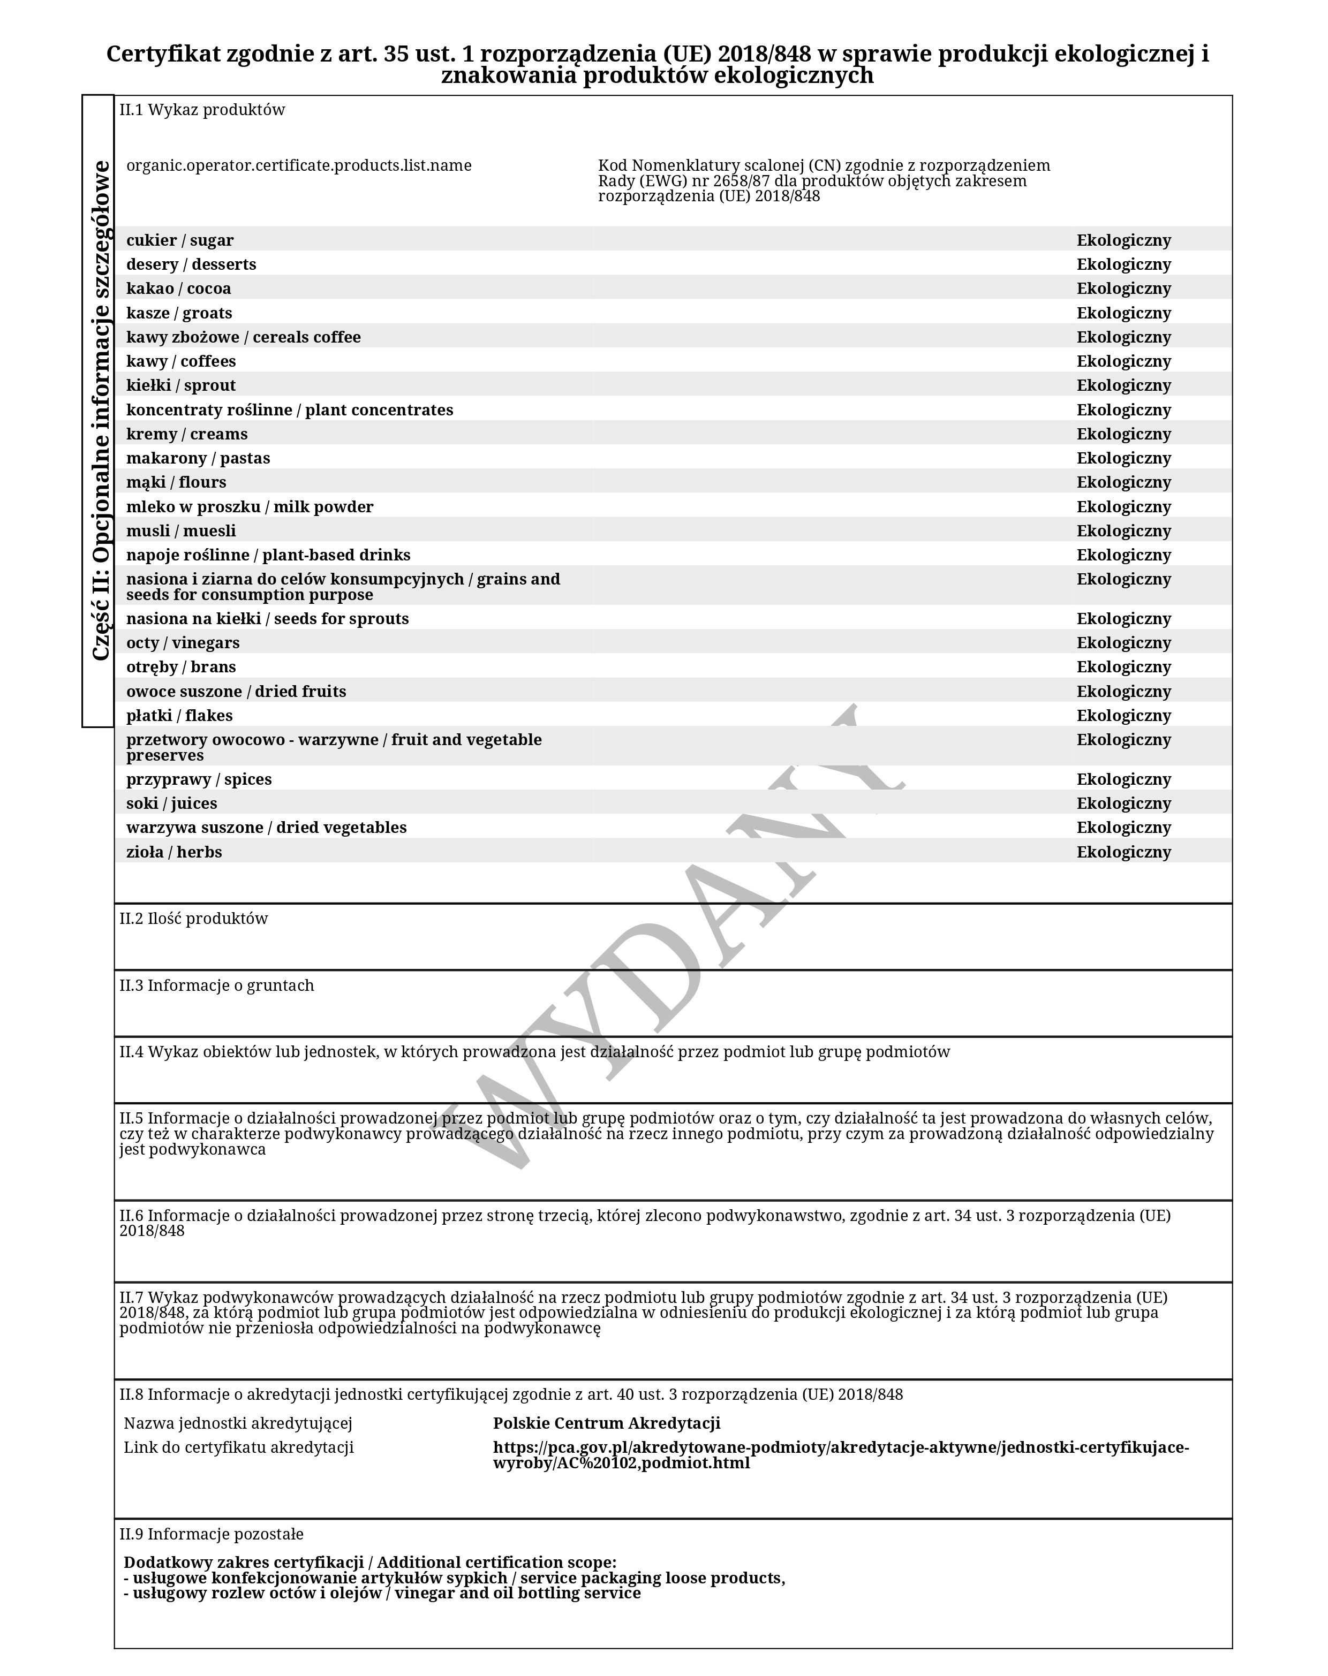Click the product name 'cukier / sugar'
click(179, 240)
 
